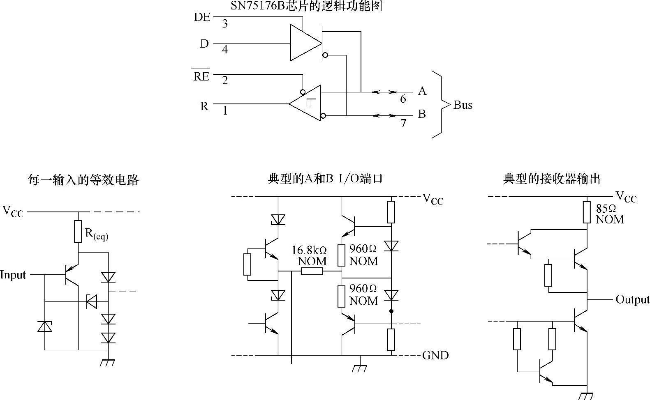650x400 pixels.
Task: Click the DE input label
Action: (x=202, y=17)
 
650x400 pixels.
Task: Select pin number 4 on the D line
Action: (x=224, y=50)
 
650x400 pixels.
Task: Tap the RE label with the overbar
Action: (x=201, y=76)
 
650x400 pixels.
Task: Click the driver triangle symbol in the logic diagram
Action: (x=304, y=43)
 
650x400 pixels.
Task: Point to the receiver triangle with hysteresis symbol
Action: (x=306, y=103)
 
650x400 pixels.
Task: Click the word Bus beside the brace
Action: (x=463, y=105)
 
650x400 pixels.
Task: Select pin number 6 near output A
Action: (x=403, y=99)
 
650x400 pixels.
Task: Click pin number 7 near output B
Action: (x=403, y=123)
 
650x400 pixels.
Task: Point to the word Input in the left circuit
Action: (x=13, y=275)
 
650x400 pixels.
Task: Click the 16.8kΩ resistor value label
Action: (x=309, y=250)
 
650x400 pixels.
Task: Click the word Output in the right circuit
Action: (x=632, y=299)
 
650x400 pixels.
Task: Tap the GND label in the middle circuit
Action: (x=435, y=355)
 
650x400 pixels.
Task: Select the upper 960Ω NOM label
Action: (x=363, y=255)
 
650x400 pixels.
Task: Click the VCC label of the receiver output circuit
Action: (x=626, y=197)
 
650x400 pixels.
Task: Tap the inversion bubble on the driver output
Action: (x=325, y=55)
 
